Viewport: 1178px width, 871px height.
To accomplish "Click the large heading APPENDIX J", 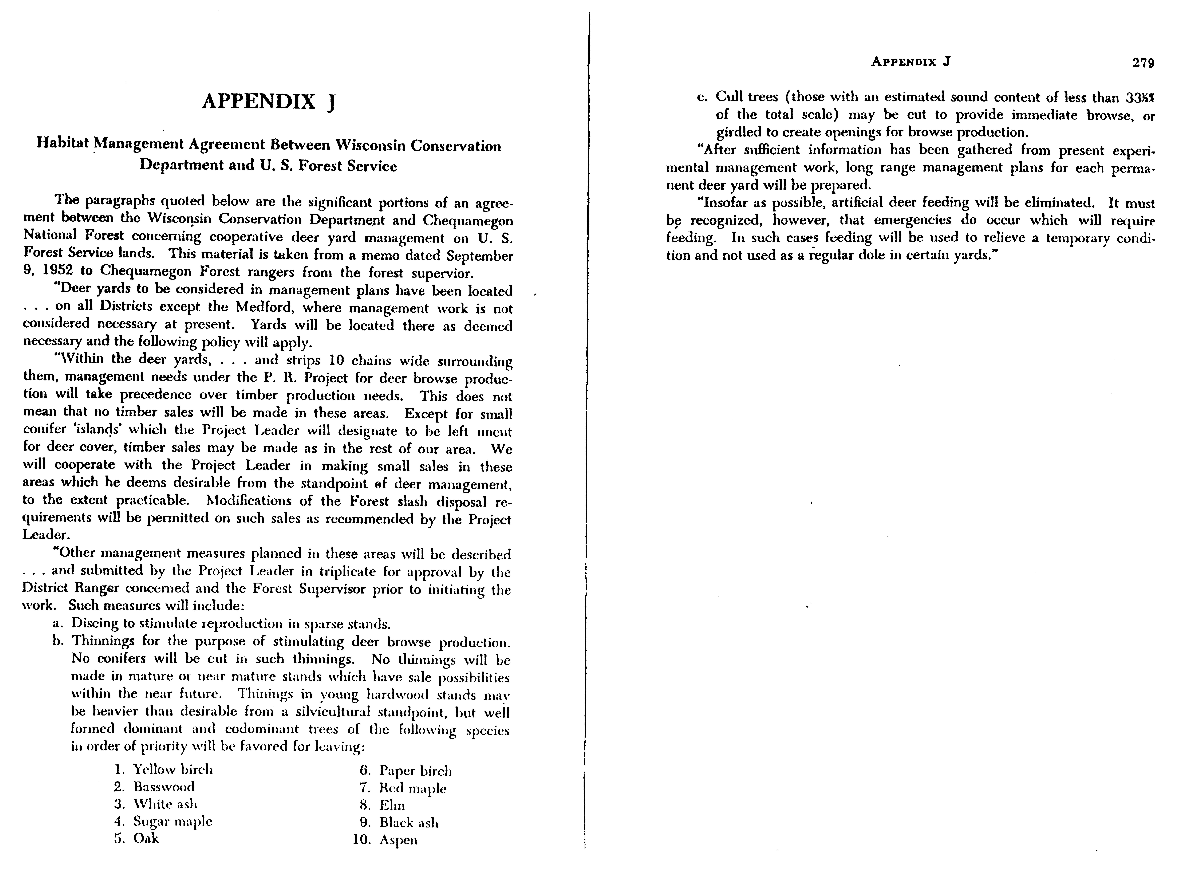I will tap(269, 101).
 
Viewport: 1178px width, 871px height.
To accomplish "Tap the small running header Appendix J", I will tap(910, 62).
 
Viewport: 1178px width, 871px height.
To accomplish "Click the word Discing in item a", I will tap(95, 623).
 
